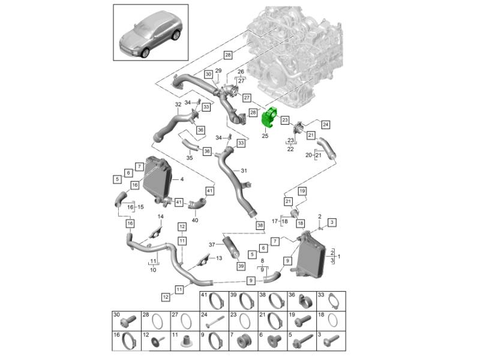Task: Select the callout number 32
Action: (178, 104)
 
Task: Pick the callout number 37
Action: (211, 245)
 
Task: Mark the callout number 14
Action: (160, 216)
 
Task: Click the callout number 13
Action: (218, 258)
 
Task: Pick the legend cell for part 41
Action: (214, 299)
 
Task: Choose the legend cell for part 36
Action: (300, 299)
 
